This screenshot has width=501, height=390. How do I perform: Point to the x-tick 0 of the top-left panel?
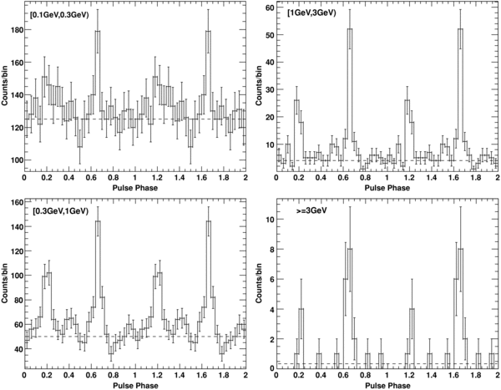tap(24, 179)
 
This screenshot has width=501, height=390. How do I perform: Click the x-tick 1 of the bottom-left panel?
tap(135, 375)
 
